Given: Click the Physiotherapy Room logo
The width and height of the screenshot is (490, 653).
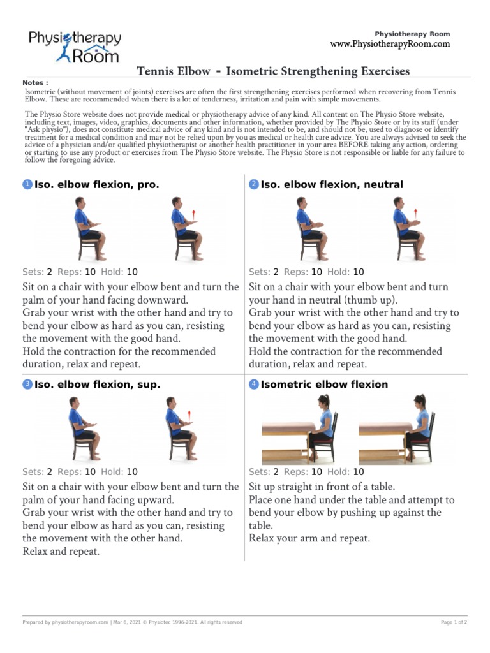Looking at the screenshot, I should click(74, 47).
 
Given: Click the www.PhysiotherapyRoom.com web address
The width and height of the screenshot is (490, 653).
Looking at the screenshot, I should click(390, 44).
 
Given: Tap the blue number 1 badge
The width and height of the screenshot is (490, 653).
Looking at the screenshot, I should click(27, 185).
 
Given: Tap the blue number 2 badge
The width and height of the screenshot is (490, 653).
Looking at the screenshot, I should click(253, 185).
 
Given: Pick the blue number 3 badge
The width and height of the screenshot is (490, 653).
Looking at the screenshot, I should click(27, 385).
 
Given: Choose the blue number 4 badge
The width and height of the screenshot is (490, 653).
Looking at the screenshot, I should click(253, 385).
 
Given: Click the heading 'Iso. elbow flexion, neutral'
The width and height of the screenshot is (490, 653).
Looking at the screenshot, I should click(332, 185).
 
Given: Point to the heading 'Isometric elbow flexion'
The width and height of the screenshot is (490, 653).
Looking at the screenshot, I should click(324, 385).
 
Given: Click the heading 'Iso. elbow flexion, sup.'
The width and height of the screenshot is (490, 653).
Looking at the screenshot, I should click(97, 385).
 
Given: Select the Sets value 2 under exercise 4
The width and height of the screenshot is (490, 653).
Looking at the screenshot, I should click(276, 472).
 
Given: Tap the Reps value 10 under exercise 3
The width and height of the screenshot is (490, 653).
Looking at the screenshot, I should click(90, 472).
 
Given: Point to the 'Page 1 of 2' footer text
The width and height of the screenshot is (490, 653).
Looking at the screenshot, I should click(454, 622).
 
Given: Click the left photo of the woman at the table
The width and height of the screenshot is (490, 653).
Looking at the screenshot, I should click(300, 429).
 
